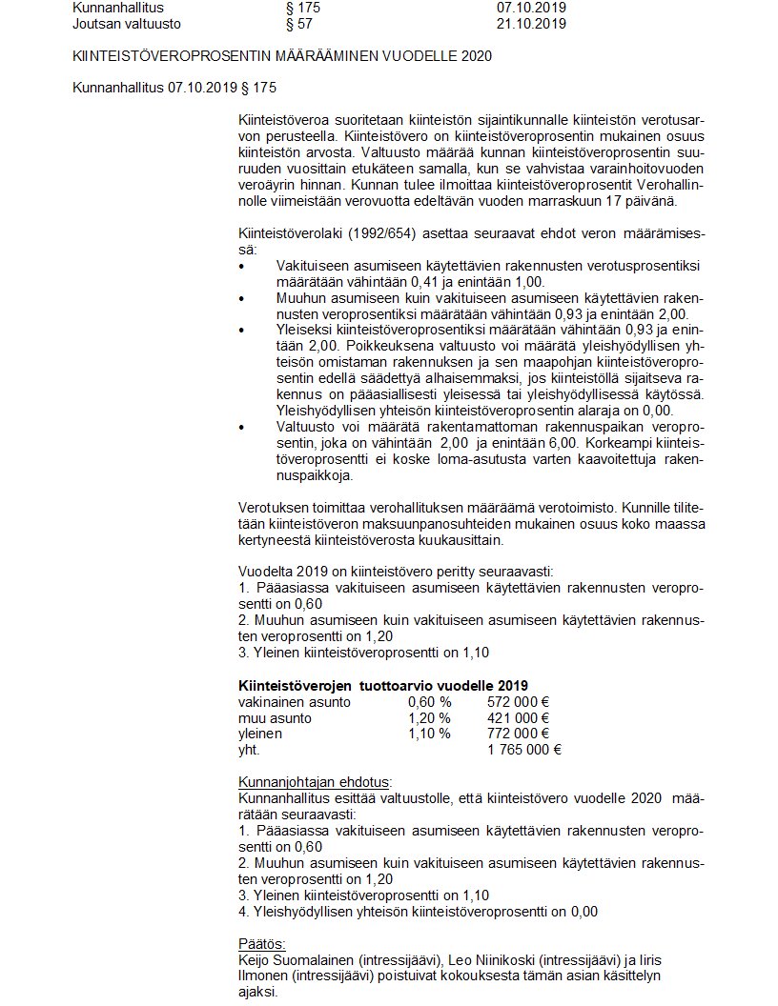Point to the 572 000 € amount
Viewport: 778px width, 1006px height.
[518, 702]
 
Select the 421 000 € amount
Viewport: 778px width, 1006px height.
[518, 717]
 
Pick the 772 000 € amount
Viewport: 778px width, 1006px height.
[518, 734]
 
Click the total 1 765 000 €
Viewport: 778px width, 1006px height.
[523, 749]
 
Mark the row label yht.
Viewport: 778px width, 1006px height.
[248, 749]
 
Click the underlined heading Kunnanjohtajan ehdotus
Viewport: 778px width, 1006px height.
[314, 781]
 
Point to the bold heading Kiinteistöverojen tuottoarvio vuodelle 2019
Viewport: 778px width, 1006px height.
[382, 686]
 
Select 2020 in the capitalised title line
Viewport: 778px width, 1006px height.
[474, 56]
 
